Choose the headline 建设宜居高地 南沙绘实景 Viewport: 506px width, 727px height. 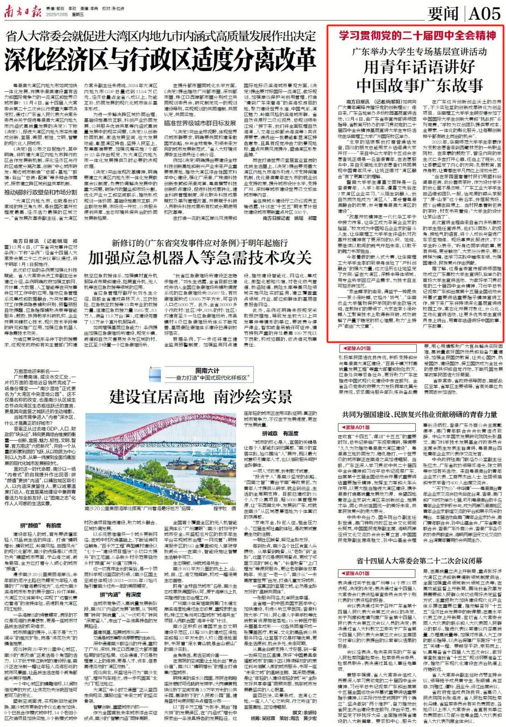[x=200, y=397]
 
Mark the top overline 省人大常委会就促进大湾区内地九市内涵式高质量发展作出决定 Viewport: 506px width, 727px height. [x=160, y=36]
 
